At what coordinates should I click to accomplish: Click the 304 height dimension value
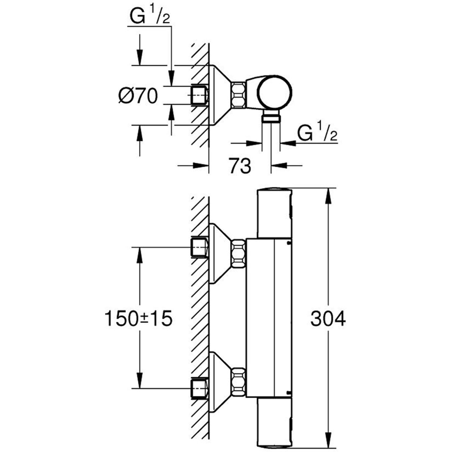click(328, 319)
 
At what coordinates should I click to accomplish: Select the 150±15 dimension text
click(138, 319)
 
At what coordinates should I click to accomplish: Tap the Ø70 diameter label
click(138, 96)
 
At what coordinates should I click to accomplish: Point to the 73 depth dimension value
click(240, 165)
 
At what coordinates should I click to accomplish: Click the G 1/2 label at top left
click(150, 17)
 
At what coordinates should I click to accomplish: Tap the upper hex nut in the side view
click(238, 253)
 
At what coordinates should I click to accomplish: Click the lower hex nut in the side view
click(238, 382)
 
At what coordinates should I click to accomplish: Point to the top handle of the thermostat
click(274, 213)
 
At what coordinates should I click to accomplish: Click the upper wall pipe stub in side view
click(199, 247)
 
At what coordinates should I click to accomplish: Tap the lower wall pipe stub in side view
click(199, 388)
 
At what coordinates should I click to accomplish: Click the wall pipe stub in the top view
click(199, 95)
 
